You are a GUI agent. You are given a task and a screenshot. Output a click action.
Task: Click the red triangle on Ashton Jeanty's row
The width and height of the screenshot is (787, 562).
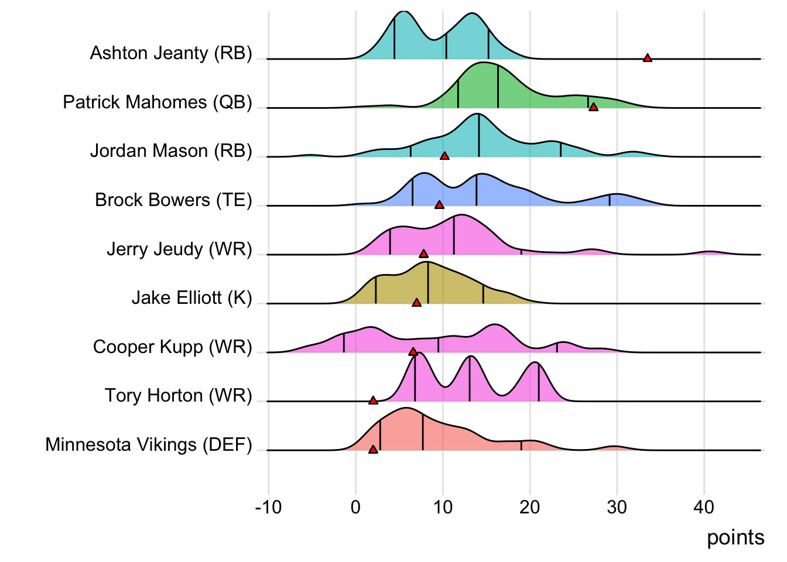point(647,57)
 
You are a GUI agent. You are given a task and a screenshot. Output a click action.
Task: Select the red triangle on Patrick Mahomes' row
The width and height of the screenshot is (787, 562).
point(593,107)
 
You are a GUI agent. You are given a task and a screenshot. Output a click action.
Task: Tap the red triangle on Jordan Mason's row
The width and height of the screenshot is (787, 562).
point(444,156)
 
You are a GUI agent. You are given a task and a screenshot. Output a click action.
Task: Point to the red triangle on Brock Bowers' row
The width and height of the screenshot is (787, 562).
point(439,204)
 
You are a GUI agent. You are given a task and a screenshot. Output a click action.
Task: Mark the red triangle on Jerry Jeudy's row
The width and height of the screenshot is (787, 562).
point(423,253)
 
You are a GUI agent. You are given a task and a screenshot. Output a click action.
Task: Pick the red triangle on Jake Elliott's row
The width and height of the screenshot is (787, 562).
point(416,303)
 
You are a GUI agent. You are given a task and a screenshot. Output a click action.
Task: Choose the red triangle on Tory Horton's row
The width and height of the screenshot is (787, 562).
point(373,400)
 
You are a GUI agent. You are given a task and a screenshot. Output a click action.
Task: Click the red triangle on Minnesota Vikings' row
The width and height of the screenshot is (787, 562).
point(373,449)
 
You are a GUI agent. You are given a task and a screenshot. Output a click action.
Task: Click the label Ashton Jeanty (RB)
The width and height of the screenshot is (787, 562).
point(171,53)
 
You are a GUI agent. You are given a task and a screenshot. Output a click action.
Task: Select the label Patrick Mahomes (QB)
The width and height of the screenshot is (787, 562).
point(158,102)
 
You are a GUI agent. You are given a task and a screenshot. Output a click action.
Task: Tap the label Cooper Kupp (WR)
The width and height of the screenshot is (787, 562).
point(172,347)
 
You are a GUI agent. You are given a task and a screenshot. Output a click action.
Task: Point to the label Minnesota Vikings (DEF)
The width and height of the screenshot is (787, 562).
point(149,445)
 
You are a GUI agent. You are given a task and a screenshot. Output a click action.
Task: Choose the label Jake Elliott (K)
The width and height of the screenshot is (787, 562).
point(191,298)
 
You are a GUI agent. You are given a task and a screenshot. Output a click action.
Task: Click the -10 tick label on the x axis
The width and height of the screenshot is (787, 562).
point(268,507)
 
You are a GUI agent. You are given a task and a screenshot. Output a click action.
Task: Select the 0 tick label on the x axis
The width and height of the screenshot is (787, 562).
point(355,507)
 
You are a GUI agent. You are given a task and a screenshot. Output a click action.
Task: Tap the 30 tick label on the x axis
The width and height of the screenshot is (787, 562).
point(617,507)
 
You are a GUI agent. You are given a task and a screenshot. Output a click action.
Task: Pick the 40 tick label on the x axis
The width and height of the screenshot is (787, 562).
point(704,507)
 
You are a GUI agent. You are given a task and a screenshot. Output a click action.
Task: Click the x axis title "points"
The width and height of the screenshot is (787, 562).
point(735,537)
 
